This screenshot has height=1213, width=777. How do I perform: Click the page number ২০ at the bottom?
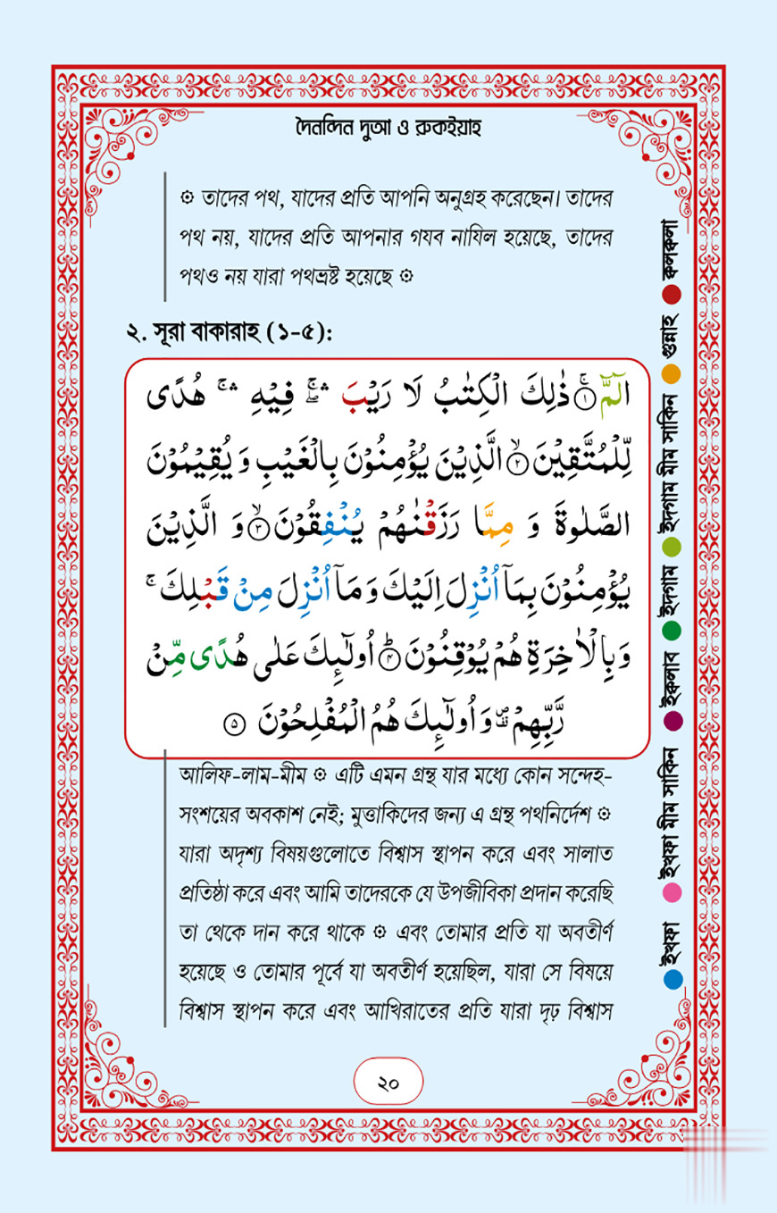tap(388, 1083)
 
